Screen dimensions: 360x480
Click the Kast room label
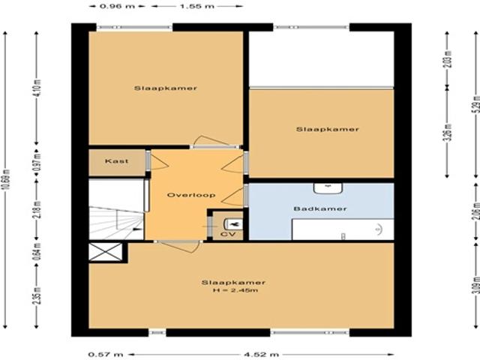pyautogui.click(x=117, y=161)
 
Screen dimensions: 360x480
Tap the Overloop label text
pyautogui.click(x=191, y=195)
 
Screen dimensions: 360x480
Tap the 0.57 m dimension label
pyautogui.click(x=99, y=354)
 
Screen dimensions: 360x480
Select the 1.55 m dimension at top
pyautogui.click(x=196, y=6)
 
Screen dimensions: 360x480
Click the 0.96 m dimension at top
pyautogui.click(x=109, y=6)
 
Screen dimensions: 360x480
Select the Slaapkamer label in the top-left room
pyautogui.click(x=166, y=88)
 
